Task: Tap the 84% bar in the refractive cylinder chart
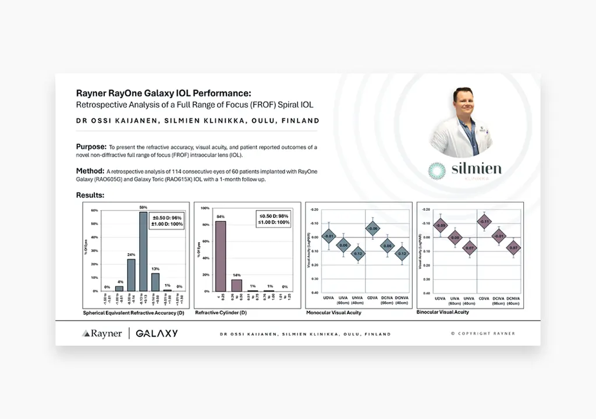pos(221,256)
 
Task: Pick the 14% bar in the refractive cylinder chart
pos(237,285)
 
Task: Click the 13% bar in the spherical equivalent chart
pos(155,282)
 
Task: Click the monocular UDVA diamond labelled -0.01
pos(329,236)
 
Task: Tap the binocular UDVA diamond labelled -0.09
pos(441,225)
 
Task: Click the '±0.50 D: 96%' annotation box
pos(167,222)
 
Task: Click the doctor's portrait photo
pos(461,122)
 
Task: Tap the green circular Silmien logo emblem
pos(437,171)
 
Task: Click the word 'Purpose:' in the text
pos(91,147)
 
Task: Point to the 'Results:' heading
pos(90,195)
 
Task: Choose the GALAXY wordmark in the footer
pos(157,333)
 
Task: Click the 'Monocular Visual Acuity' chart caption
pos(334,313)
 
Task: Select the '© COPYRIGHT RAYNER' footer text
pos(483,333)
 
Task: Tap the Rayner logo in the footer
pos(102,333)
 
